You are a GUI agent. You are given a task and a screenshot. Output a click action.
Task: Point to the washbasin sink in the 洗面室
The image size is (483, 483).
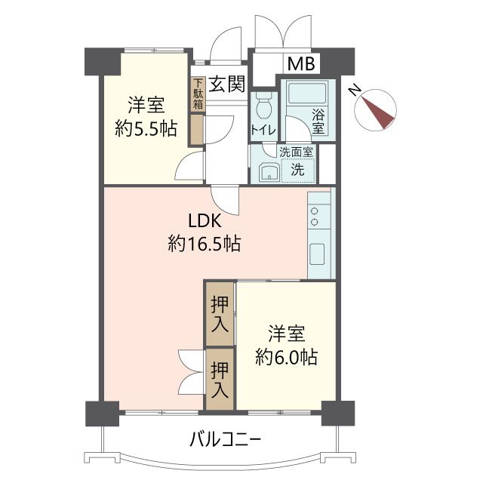(x=268, y=172)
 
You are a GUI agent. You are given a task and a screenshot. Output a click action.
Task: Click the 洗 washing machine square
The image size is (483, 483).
(x=298, y=170)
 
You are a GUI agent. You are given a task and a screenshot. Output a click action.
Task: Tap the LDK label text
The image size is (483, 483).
(x=205, y=222)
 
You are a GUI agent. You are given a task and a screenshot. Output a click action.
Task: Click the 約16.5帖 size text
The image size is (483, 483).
(x=205, y=244)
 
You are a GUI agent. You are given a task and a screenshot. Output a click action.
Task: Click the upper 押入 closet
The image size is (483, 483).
(x=220, y=312)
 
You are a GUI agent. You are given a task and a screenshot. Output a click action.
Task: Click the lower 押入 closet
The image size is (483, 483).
(x=220, y=380)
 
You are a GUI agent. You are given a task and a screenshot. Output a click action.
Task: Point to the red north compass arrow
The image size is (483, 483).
(x=380, y=110)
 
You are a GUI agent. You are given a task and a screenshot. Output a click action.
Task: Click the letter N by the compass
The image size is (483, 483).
(x=354, y=88)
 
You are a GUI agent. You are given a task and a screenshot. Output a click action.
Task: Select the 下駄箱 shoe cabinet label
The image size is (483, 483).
(x=198, y=94)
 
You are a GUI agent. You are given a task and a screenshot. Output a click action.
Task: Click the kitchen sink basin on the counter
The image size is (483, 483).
(x=318, y=254)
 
